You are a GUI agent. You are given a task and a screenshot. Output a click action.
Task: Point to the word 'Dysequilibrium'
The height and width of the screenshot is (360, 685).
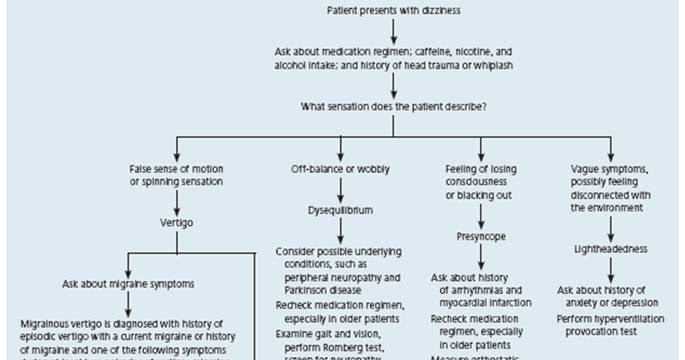[x=339, y=211]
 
